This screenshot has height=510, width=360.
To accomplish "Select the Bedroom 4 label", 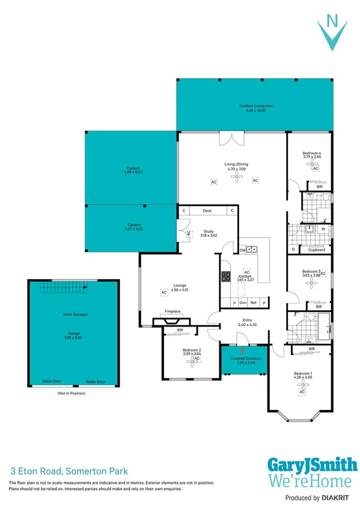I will tap(311, 154).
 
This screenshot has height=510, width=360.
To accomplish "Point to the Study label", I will tap(209, 231).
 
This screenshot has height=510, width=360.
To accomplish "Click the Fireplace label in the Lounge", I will tap(173, 312).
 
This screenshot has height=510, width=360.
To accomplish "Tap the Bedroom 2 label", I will tap(191, 350).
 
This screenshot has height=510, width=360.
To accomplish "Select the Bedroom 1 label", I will tap(303, 373).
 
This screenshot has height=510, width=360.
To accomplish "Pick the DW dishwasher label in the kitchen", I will tap(242, 250).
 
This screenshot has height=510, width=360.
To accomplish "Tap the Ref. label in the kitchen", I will tap(254, 303).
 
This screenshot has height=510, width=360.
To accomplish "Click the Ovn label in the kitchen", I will tap(243, 303).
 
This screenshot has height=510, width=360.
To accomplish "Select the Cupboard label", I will tap(317, 250).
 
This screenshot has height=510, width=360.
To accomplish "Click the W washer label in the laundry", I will tap(323, 229).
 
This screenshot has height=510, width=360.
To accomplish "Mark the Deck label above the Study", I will tap(207, 211).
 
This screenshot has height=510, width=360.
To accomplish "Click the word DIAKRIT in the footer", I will tap(339, 498).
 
